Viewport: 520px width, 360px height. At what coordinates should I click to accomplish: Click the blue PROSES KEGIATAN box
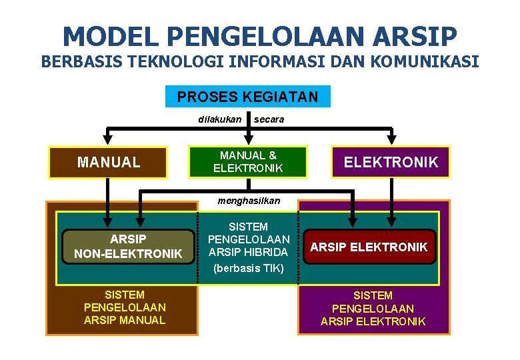[247, 97]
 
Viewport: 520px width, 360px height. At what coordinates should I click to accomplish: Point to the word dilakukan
[220, 119]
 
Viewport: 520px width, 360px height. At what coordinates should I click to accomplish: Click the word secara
[269, 119]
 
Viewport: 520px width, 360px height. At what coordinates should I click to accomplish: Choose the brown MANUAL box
[109, 162]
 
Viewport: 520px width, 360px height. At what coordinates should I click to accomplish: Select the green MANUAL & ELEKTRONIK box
[248, 162]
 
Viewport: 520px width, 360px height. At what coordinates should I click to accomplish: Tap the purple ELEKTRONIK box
[391, 162]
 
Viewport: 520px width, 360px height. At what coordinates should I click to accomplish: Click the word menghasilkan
[249, 201]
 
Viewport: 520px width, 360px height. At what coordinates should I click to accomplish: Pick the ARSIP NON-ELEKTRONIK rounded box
[128, 246]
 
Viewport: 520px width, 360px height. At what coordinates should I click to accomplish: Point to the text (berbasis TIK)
[249, 269]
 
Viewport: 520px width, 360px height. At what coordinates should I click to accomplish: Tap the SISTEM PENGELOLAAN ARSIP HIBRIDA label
[249, 239]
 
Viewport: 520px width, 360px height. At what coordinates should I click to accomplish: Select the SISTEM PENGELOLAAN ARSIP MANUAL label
[125, 307]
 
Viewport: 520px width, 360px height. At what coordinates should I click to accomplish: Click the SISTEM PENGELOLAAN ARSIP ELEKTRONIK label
[373, 309]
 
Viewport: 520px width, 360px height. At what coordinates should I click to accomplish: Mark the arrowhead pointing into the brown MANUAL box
[109, 140]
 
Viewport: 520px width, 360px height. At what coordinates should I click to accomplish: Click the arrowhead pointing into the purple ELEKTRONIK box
[391, 140]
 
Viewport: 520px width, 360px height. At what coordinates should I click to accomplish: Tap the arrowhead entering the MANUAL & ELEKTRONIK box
[248, 139]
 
